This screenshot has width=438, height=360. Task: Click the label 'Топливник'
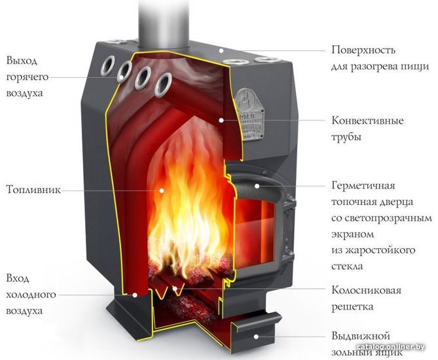click(x=33, y=190)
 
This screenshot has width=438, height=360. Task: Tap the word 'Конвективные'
click(x=367, y=120)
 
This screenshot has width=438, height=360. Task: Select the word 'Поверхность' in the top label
click(x=363, y=50)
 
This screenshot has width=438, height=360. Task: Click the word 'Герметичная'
click(x=363, y=185)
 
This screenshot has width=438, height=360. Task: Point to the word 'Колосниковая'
click(x=366, y=290)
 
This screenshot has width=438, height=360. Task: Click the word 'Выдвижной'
click(x=360, y=335)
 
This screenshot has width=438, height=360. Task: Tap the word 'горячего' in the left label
click(x=27, y=77)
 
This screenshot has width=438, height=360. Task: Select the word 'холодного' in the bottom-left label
click(x=31, y=295)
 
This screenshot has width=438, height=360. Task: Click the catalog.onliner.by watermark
click(x=390, y=347)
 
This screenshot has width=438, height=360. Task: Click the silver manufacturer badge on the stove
click(x=250, y=113)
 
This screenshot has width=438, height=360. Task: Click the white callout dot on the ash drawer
click(x=256, y=336)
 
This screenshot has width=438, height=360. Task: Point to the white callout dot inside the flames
click(x=162, y=190)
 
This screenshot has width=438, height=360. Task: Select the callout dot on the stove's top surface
click(x=221, y=50)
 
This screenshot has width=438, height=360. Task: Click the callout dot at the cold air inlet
click(x=135, y=295)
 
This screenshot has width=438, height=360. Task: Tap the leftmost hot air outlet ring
click(x=108, y=65)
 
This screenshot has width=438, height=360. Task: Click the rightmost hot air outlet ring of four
click(x=163, y=85)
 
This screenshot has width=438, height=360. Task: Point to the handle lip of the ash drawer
click(x=257, y=321)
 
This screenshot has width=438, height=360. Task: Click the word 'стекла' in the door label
click(x=347, y=266)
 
